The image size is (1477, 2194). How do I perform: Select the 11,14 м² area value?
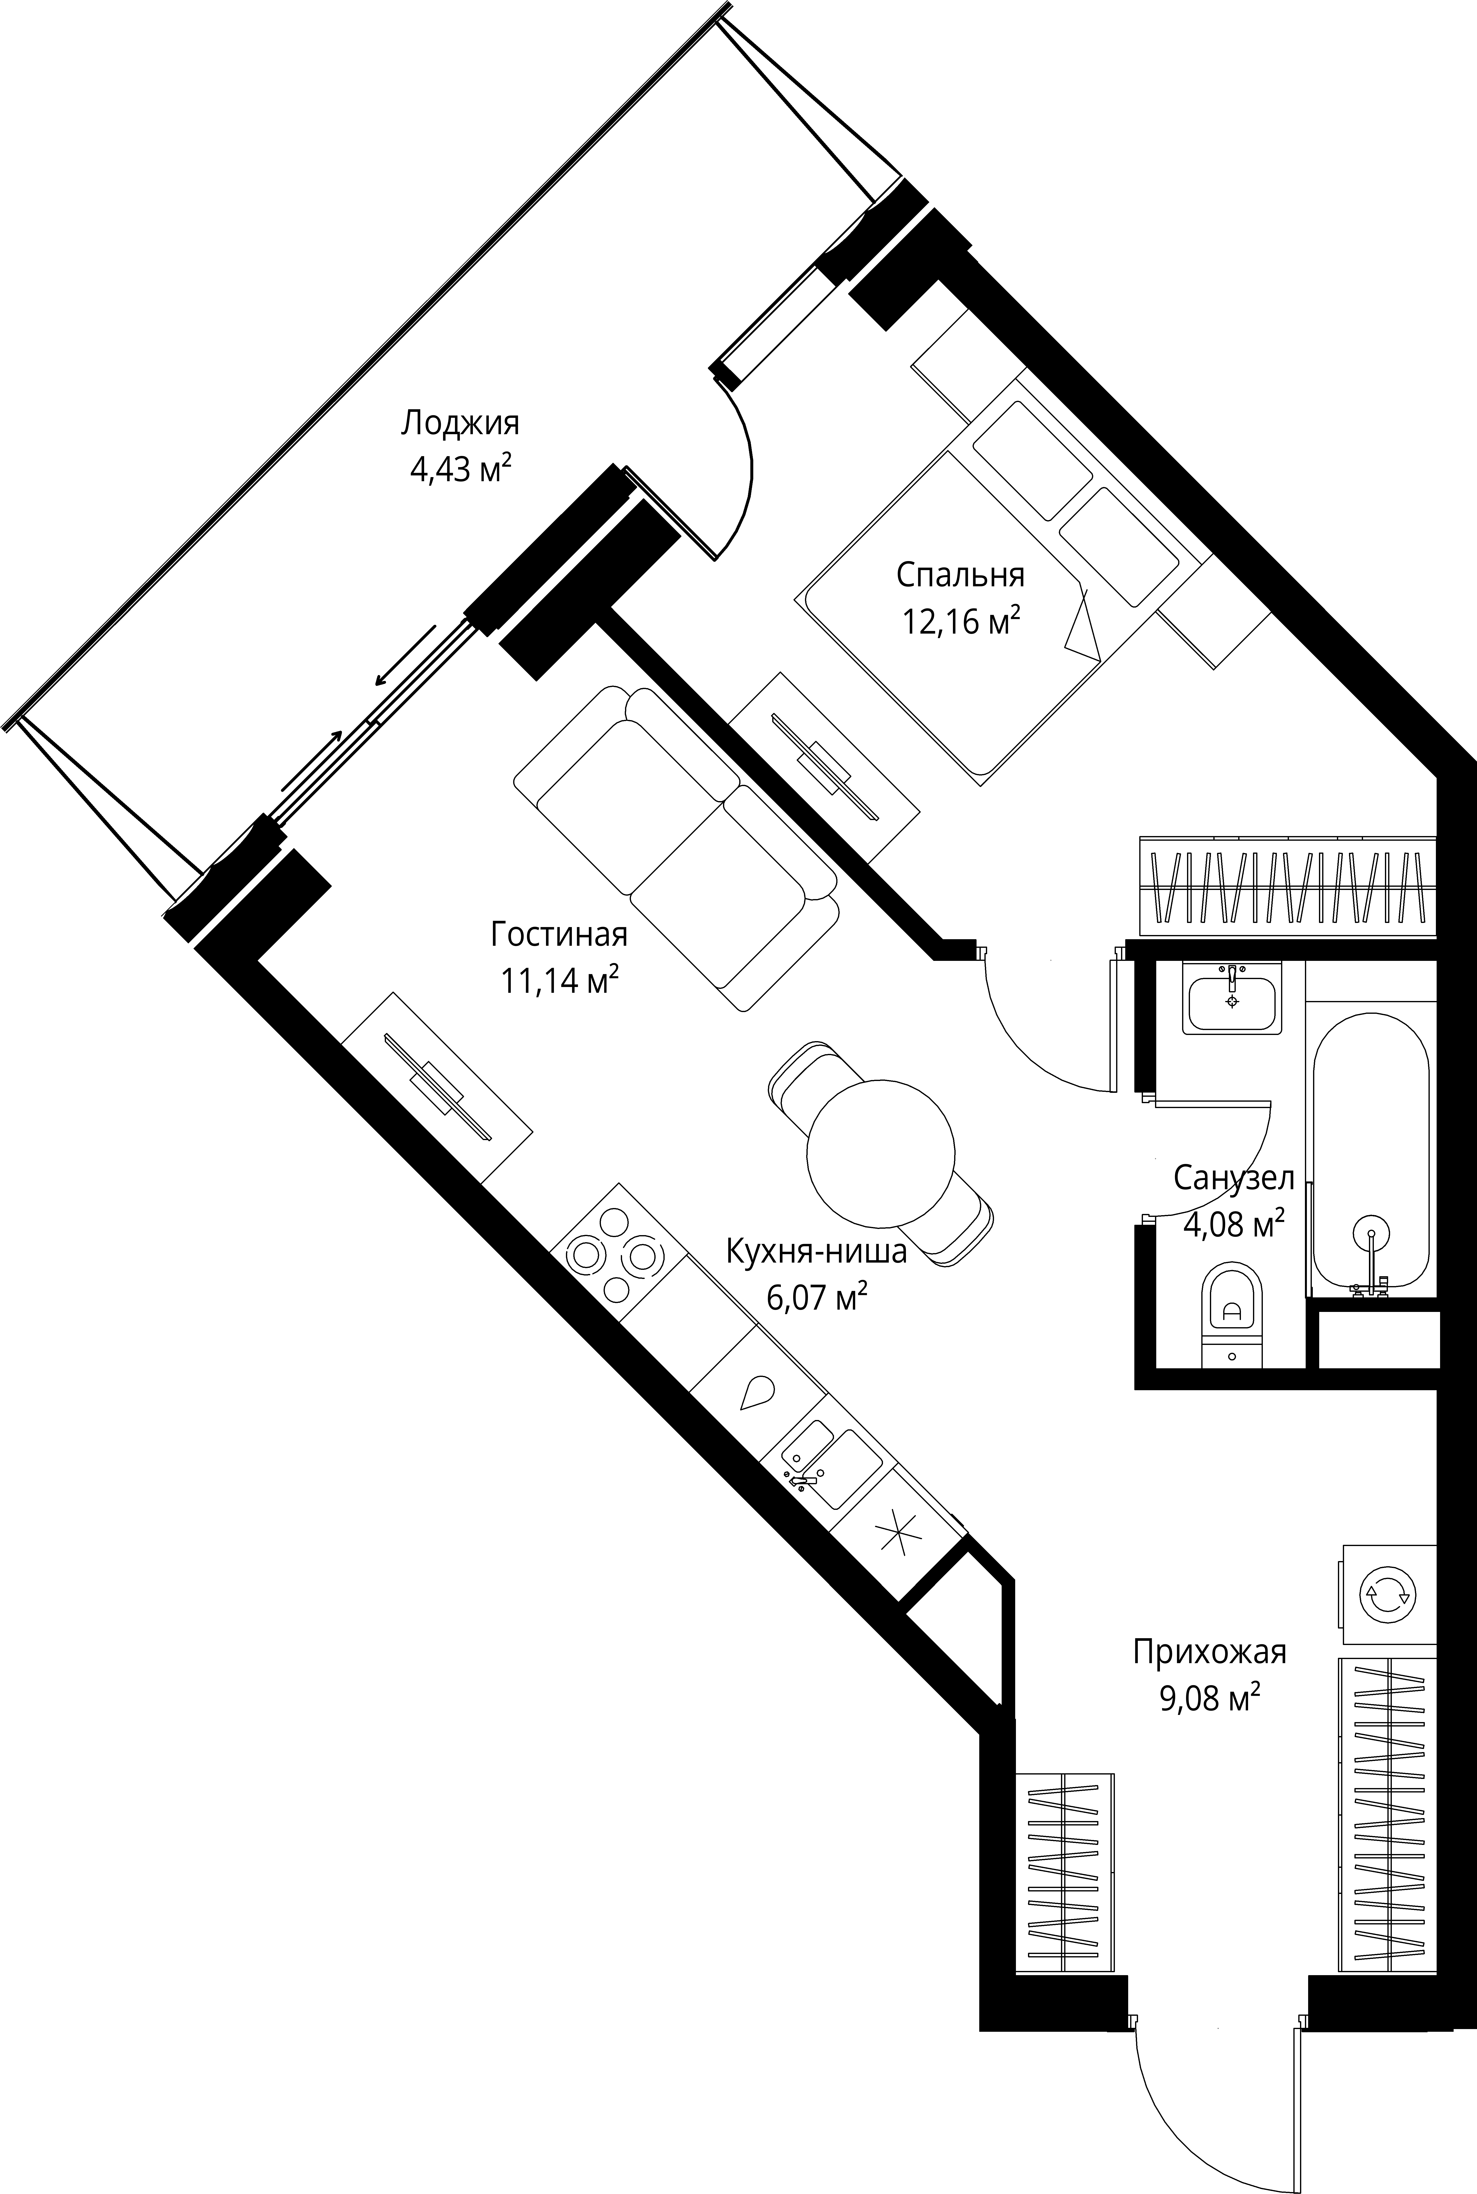560,981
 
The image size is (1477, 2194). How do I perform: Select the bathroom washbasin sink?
1232,1000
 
